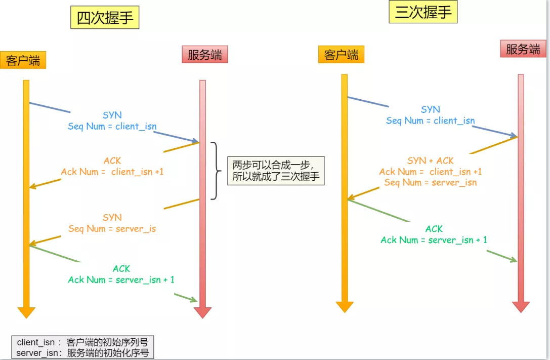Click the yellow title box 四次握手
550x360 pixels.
104,18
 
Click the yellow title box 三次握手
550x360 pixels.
423,12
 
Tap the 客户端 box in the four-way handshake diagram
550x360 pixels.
23,60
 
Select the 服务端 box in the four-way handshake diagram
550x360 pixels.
205,55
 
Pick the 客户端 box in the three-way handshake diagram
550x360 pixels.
341,55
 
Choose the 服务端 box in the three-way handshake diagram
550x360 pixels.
523,49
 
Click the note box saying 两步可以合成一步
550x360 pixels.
276,171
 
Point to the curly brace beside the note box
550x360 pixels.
217,171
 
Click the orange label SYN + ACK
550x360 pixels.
431,161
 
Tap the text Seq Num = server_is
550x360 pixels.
112,228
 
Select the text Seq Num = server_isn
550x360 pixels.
431,182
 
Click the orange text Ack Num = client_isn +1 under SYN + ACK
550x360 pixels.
431,172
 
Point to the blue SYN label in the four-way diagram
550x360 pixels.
112,115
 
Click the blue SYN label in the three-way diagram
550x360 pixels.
431,109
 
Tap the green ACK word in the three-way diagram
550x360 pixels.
434,229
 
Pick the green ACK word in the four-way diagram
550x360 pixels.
121,269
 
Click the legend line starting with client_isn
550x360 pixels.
82,342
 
